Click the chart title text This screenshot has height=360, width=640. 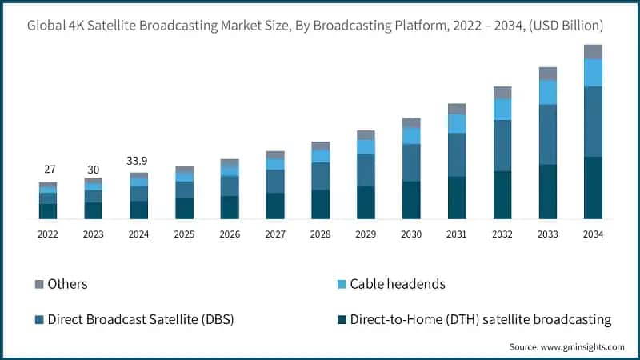click(x=320, y=26)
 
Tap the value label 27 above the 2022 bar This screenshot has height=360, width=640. click(x=48, y=170)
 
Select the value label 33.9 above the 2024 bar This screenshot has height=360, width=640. click(x=139, y=161)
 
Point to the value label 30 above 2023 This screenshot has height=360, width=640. click(x=94, y=170)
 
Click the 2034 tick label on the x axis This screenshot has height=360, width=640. click(x=593, y=234)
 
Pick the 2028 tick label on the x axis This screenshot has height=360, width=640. click(x=320, y=234)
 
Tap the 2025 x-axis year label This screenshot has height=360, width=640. click(x=184, y=234)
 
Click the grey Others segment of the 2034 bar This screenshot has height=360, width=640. click(x=593, y=52)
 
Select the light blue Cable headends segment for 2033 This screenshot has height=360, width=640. click(x=547, y=93)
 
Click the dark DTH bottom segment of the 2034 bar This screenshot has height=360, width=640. click(x=593, y=188)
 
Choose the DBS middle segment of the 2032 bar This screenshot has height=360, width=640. click(x=502, y=146)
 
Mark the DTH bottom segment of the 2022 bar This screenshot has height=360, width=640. click(x=48, y=211)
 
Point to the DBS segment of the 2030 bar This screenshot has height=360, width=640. click(x=411, y=162)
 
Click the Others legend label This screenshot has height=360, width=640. click(x=67, y=284)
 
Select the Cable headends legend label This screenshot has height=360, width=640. click(x=398, y=284)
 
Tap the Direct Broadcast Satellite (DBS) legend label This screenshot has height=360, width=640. click(x=141, y=320)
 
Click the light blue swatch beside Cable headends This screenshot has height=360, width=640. click(x=342, y=284)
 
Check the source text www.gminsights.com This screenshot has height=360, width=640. click(x=566, y=347)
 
